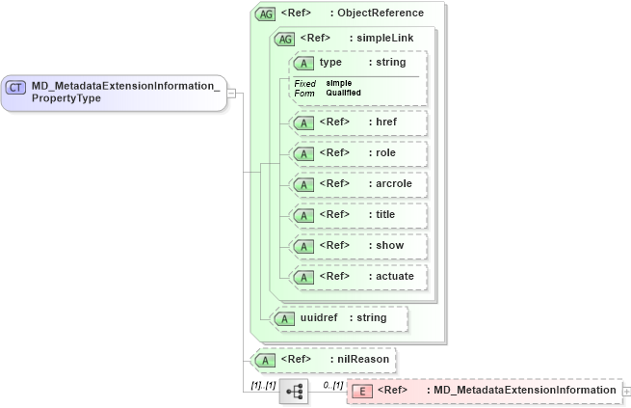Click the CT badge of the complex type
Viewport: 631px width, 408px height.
point(16,87)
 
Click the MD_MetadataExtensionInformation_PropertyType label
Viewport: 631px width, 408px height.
point(125,93)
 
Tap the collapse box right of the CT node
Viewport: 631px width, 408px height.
point(232,94)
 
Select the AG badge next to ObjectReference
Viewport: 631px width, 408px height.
point(264,14)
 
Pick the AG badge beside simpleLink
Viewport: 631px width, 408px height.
point(285,39)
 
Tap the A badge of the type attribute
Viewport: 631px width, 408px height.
point(304,63)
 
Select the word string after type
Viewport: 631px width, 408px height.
point(390,63)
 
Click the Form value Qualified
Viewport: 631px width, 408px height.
point(343,93)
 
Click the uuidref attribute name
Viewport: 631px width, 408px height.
point(320,317)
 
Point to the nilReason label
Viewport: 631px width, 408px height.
point(362,360)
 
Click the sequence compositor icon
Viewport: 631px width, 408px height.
point(294,391)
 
